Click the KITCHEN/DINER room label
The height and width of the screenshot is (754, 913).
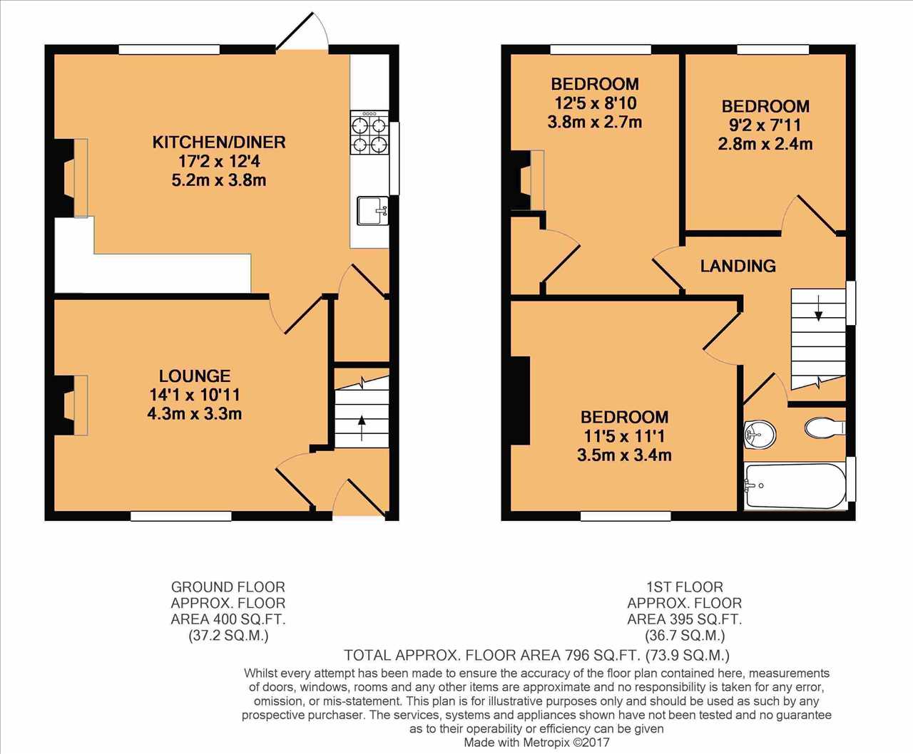(x=219, y=142)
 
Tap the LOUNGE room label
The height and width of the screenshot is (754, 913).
(x=195, y=376)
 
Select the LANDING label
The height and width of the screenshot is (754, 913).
(x=738, y=266)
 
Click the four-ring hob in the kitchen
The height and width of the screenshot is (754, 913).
(x=369, y=133)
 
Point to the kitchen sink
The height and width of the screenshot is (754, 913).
(x=372, y=210)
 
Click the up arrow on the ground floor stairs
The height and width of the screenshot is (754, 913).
(x=362, y=428)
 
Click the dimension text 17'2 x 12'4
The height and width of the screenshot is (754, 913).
(x=219, y=161)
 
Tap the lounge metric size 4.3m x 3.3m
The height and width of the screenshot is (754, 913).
(x=195, y=413)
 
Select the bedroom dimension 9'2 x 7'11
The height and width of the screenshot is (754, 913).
(x=765, y=125)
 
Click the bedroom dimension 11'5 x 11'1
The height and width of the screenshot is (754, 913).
(x=624, y=436)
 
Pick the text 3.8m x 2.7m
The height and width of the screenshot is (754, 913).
(x=595, y=122)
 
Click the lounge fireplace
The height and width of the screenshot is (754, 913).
(x=71, y=405)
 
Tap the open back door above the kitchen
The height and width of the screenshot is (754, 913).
(x=302, y=31)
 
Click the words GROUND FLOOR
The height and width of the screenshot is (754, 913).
(x=228, y=587)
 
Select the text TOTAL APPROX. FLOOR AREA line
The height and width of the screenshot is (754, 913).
(x=536, y=655)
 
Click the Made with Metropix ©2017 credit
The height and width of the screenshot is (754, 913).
(x=536, y=742)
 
